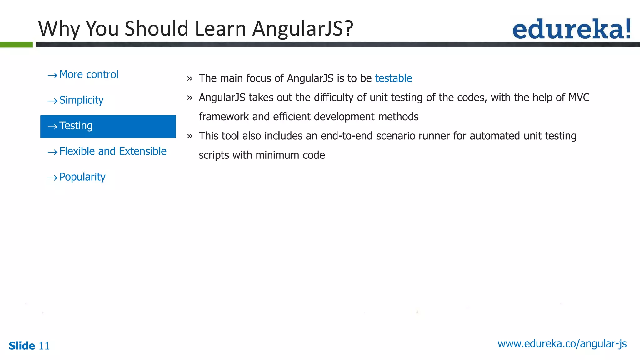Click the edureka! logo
(x=571, y=29)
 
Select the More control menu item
(x=89, y=75)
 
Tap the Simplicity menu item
(x=81, y=100)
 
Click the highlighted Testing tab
(x=108, y=126)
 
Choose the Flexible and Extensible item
(x=113, y=152)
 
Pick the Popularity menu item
(x=82, y=177)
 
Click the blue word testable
(x=393, y=78)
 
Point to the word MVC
(x=579, y=97)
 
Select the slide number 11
(x=44, y=346)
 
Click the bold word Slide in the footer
(x=22, y=346)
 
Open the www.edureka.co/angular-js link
(x=562, y=344)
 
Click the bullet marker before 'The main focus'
(x=190, y=79)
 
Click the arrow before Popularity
(x=52, y=178)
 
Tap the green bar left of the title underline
(x=16, y=45)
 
